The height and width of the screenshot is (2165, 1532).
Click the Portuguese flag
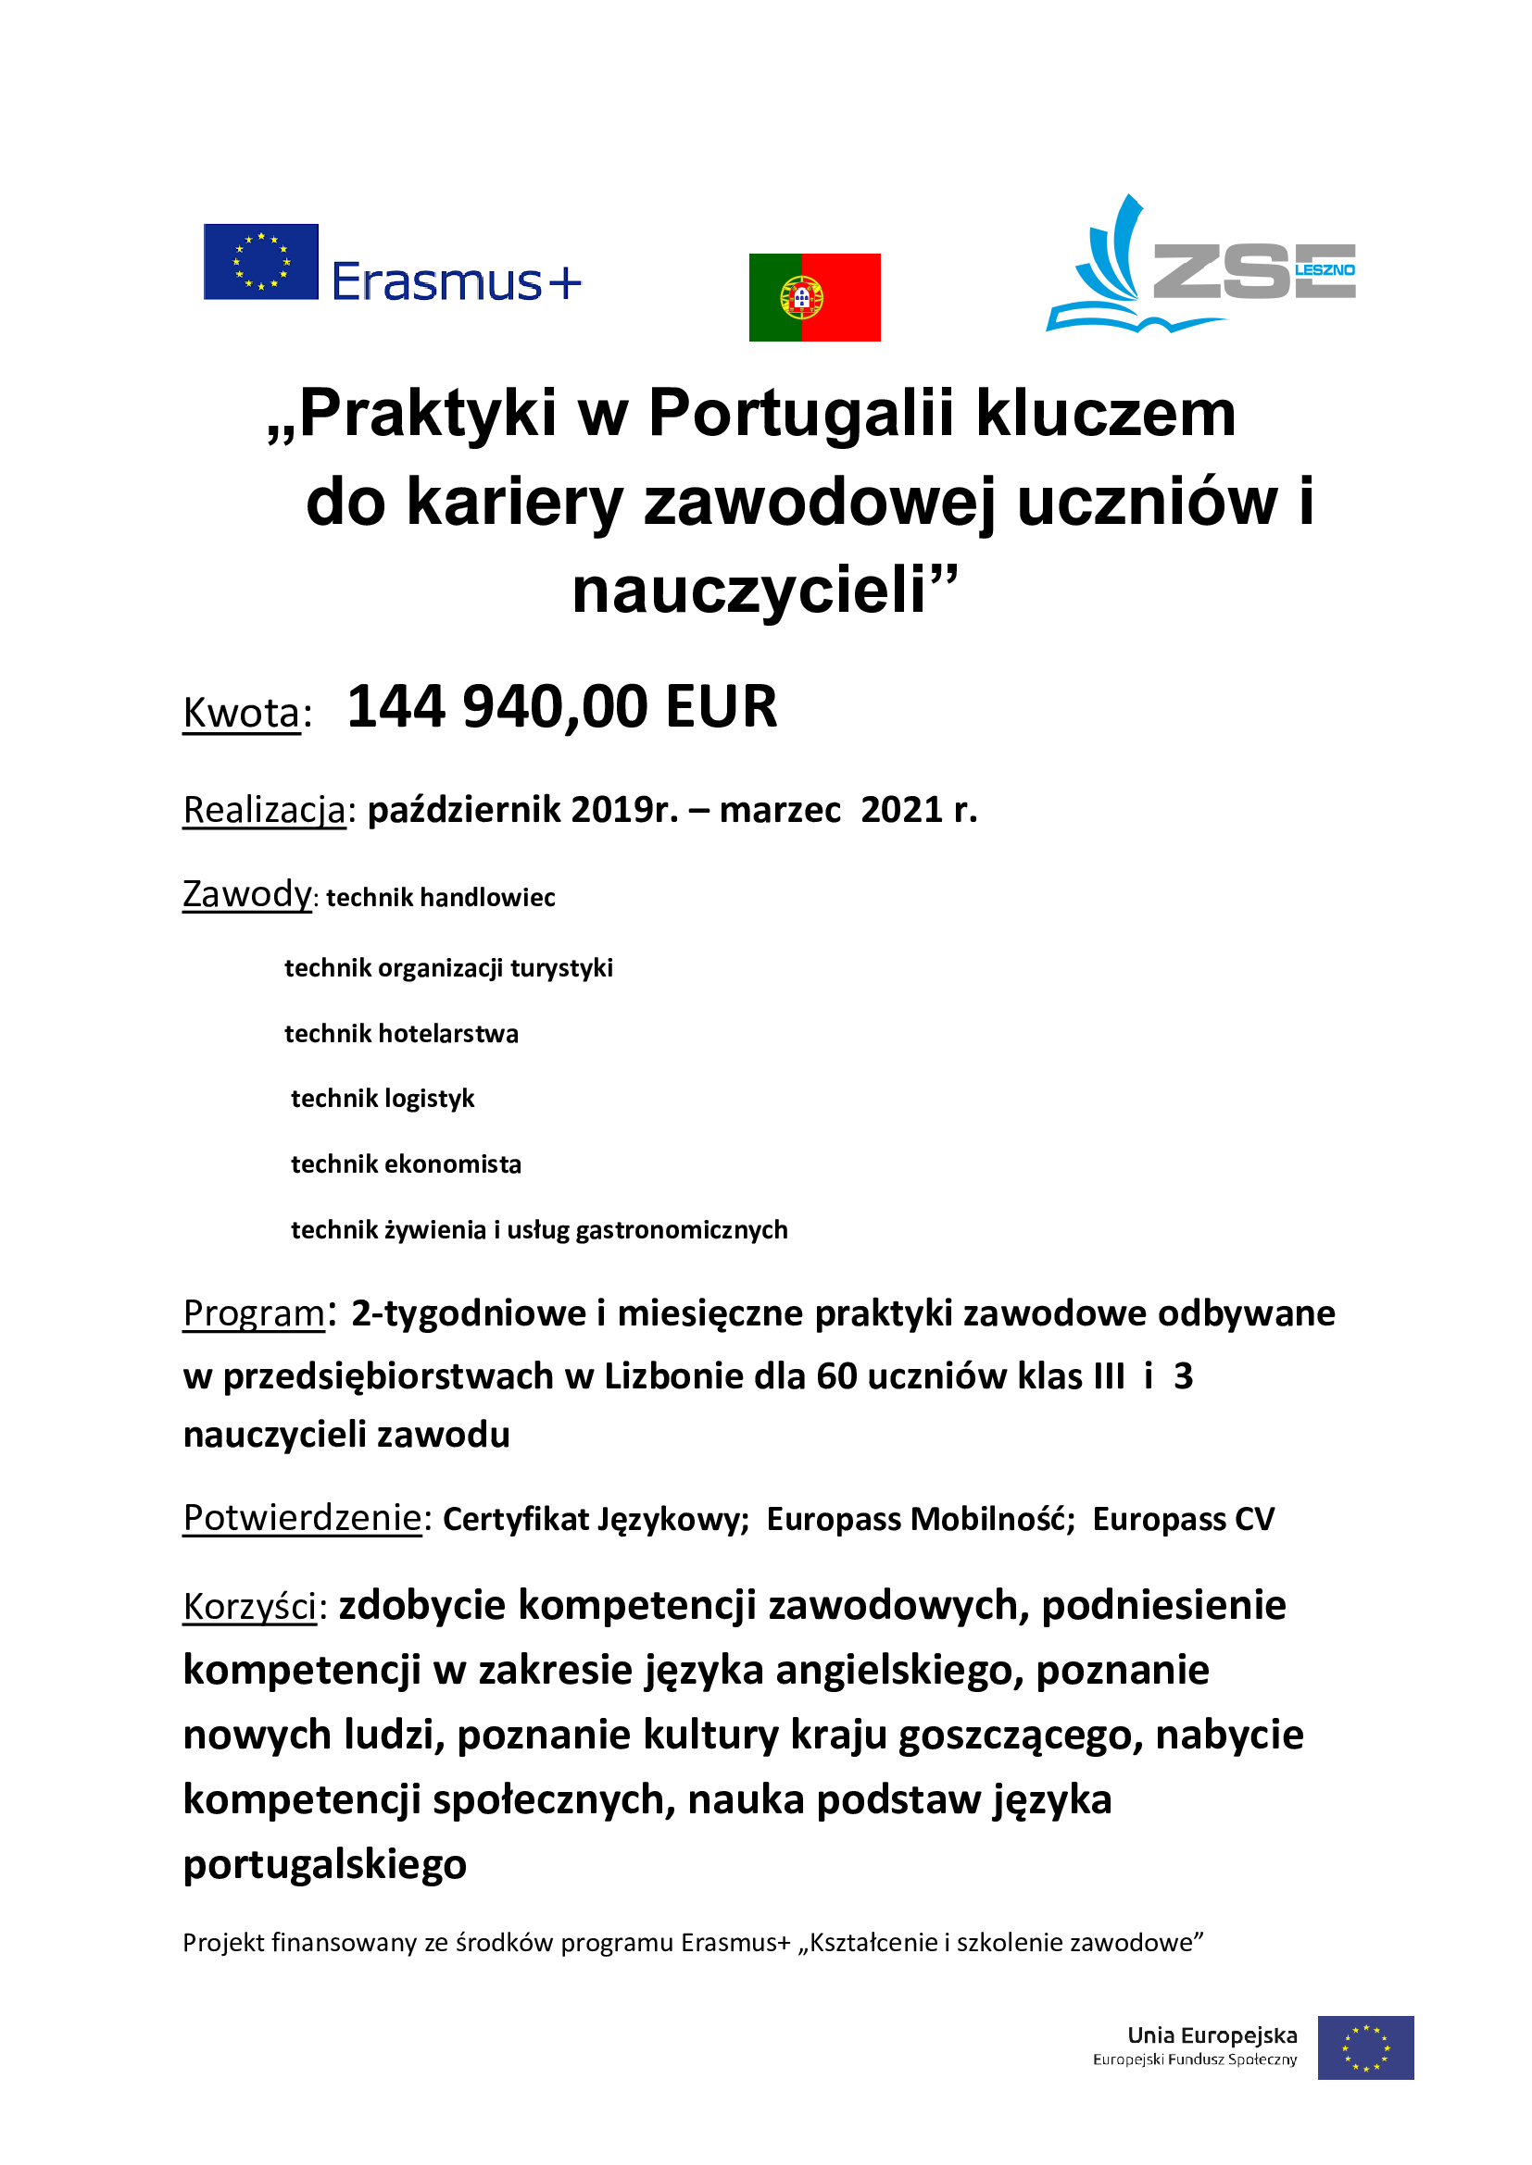[814, 297]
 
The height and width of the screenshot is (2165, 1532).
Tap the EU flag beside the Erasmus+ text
[260, 261]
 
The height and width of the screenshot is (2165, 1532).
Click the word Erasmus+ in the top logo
[456, 282]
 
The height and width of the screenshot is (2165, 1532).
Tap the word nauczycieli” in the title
[764, 591]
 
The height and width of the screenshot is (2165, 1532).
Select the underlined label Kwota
[242, 713]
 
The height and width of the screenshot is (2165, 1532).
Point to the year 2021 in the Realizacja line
[901, 810]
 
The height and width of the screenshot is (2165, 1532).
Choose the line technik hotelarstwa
[401, 1034]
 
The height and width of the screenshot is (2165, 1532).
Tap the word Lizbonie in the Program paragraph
[674, 1376]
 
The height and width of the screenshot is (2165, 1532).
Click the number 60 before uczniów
[835, 1376]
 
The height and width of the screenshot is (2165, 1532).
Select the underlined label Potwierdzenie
[302, 1518]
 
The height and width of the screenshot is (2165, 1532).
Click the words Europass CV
[1183, 1519]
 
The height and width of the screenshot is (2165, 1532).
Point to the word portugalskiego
[324, 1865]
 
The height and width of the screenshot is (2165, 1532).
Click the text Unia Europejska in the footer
[1212, 2034]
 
